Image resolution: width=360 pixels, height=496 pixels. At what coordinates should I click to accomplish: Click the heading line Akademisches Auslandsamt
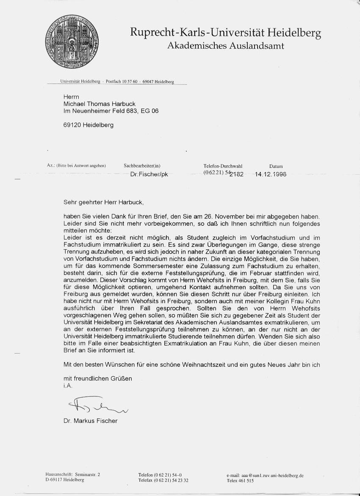pos(226,46)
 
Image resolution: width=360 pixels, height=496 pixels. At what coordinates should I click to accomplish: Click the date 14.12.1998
pos(271,175)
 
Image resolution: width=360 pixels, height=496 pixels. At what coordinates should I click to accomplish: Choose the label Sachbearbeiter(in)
pos(142,166)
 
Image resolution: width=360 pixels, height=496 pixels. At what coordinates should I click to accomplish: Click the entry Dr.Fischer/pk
pos(150,175)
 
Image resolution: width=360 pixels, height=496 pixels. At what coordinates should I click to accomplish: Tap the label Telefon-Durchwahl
pos(223,166)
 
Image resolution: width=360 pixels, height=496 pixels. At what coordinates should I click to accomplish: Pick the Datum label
pos(276,166)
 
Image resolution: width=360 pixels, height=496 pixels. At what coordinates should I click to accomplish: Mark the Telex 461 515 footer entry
pos(240,481)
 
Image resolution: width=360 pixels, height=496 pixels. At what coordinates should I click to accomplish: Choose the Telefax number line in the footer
pos(163,480)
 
